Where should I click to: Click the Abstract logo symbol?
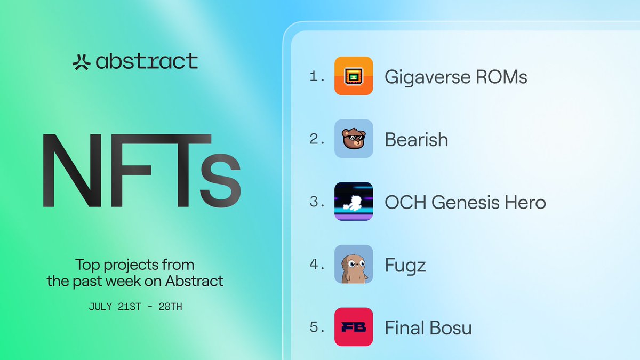[82, 62]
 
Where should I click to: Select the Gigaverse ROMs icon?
[354, 76]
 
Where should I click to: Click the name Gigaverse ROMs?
[456, 77]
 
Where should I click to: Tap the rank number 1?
[316, 77]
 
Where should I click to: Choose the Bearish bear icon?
[354, 139]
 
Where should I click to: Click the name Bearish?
[417, 140]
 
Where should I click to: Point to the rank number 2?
[316, 140]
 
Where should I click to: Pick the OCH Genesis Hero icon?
[354, 202]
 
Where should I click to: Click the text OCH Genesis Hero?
[465, 202]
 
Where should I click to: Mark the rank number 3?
[316, 202]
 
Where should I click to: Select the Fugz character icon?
[354, 265]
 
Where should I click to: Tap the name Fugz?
[405, 265]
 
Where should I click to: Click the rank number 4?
[316, 265]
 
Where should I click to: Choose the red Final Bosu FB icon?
[354, 327]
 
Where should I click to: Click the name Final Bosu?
[428, 327]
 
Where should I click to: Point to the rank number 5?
[316, 327]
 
